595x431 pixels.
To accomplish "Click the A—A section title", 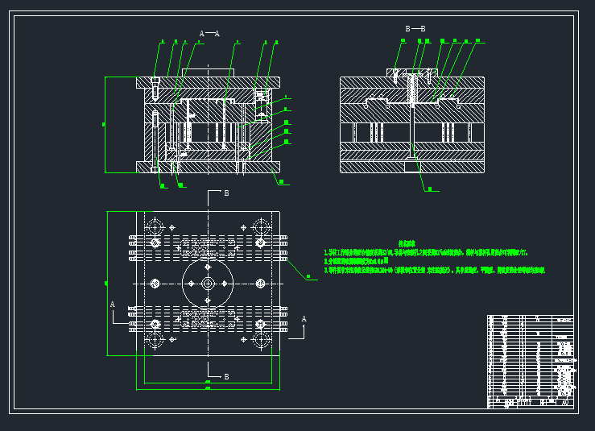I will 209,34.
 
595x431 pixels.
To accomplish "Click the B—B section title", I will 415,29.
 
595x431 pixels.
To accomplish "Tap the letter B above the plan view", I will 226,193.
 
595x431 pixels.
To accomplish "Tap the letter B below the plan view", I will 226,376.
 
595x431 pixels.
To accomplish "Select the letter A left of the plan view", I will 113,305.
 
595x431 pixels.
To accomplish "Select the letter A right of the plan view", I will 304,319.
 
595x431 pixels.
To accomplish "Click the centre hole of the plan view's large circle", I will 208,284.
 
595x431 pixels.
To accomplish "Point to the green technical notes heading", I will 407,243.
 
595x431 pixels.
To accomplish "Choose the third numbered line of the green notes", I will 435,271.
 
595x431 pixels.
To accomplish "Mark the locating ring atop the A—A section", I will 208,73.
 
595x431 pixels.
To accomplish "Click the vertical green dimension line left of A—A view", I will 105,124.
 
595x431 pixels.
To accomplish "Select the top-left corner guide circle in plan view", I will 155,226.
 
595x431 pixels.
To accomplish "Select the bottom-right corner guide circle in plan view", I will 261,341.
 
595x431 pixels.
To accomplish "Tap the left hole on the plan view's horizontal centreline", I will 155,284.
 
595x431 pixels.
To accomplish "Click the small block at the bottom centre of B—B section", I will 412,167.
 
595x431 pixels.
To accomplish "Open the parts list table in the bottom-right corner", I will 530,361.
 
